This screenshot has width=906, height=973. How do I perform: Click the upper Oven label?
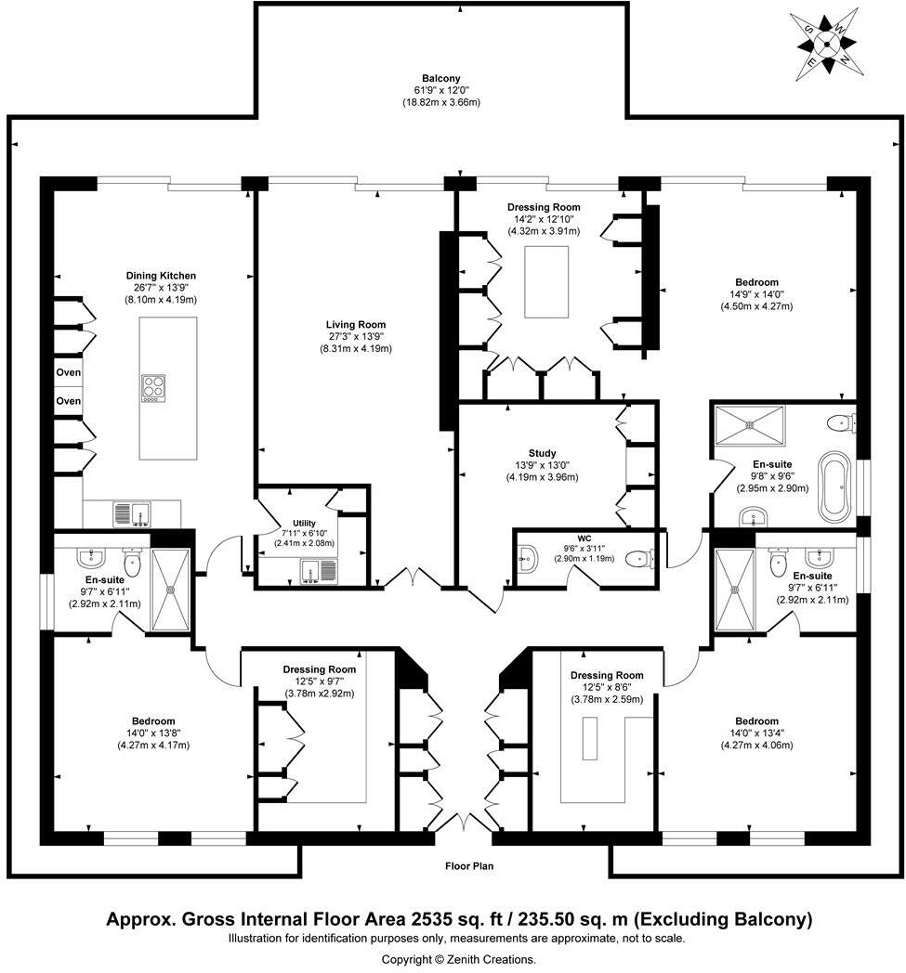click(x=68, y=372)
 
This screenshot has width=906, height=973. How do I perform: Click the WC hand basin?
click(x=525, y=558)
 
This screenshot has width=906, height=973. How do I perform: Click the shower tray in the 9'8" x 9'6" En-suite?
click(x=749, y=423)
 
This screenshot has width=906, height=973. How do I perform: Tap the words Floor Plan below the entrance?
click(x=467, y=866)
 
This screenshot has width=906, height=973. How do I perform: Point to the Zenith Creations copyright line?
click(x=459, y=959)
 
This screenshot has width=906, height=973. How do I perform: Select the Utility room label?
click(x=304, y=524)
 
